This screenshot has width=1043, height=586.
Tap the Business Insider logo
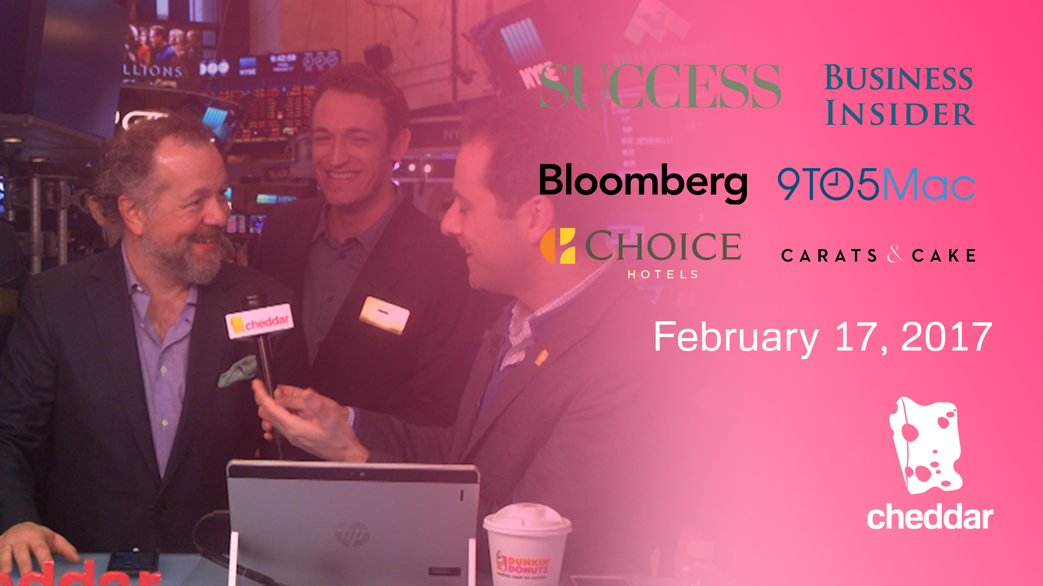[899, 95]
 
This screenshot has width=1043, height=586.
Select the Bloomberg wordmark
[643, 182]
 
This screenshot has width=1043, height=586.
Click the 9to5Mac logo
[876, 184]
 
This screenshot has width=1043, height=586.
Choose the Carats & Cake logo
[878, 255]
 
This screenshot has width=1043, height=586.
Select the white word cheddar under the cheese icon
[930, 517]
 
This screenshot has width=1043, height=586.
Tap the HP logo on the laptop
[351, 534]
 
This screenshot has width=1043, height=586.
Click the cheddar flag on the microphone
[260, 323]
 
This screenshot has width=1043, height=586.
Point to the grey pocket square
[238, 371]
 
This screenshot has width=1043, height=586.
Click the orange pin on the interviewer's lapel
[542, 357]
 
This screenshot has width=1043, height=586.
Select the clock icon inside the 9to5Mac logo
[836, 184]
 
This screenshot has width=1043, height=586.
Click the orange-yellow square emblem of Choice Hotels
[558, 246]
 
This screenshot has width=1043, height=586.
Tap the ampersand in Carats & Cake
[894, 254]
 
